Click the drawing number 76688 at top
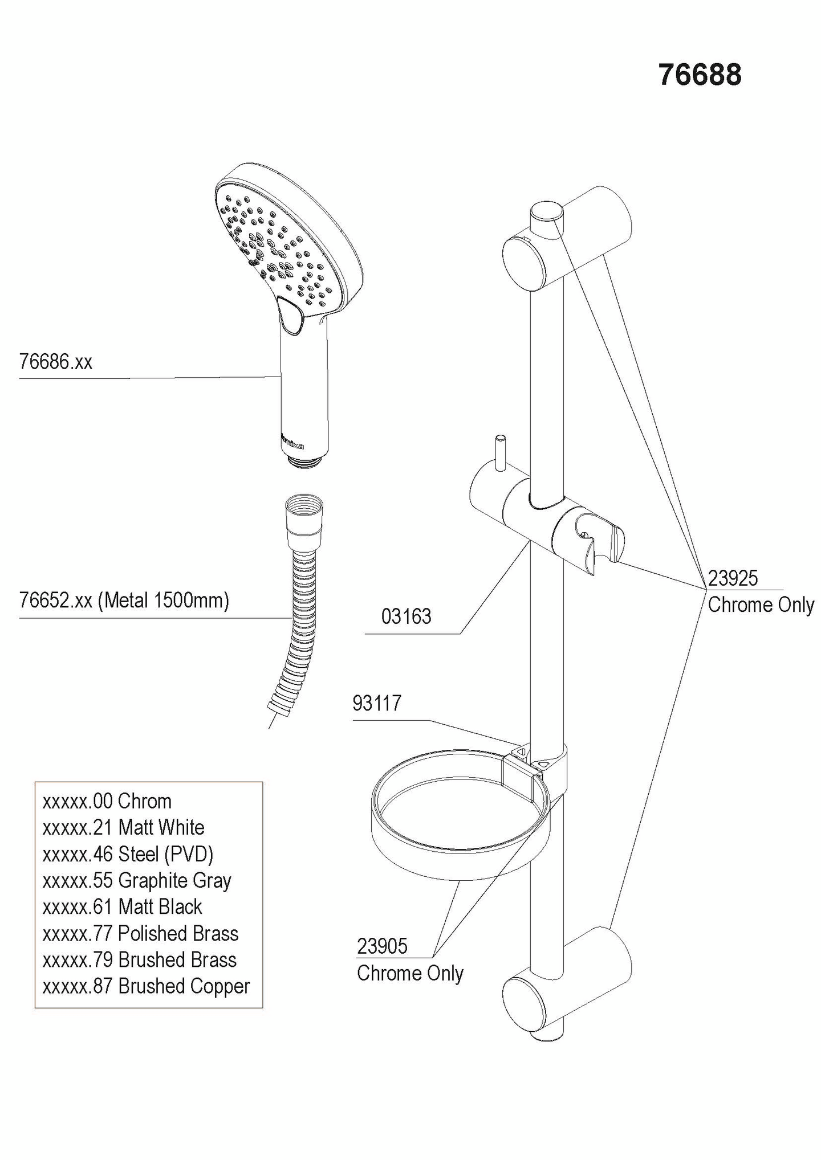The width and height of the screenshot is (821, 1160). (x=700, y=75)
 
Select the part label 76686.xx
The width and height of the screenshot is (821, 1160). (x=55, y=362)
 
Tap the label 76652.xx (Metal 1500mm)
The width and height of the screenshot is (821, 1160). (x=124, y=600)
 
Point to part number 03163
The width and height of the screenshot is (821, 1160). (x=406, y=616)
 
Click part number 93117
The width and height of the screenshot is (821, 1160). (x=377, y=703)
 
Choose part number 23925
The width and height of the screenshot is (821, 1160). (x=733, y=578)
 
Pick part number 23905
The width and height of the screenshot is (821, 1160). (x=382, y=946)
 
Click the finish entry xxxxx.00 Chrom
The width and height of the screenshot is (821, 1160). (x=107, y=801)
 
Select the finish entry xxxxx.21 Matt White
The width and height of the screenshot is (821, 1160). (x=123, y=827)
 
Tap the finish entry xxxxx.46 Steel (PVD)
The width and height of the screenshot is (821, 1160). (x=128, y=854)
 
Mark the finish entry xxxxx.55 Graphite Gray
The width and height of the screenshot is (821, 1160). (x=137, y=880)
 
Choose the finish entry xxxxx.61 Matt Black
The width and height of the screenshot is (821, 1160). (x=122, y=906)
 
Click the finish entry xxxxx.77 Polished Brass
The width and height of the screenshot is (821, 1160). (x=140, y=933)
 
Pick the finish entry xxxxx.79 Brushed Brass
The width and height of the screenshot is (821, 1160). (x=139, y=959)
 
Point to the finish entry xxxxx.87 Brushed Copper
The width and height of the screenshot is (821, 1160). (x=146, y=986)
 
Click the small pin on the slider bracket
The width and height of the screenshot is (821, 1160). (x=500, y=454)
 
